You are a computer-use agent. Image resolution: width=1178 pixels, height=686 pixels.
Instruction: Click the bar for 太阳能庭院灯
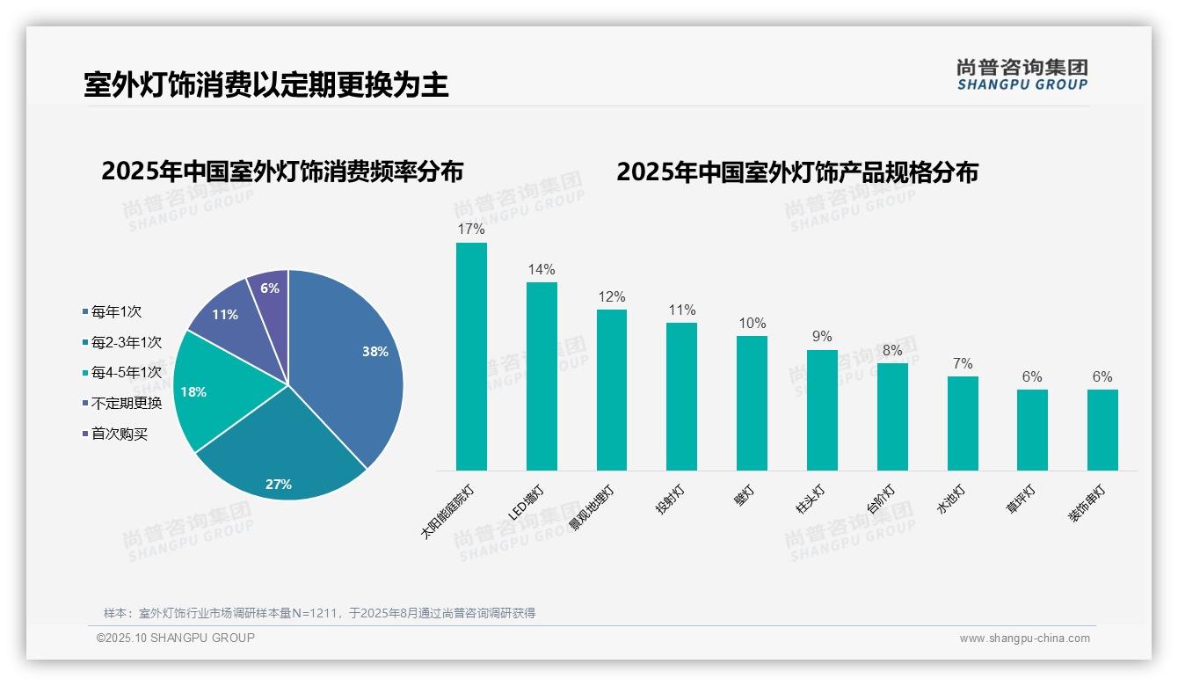(471, 356)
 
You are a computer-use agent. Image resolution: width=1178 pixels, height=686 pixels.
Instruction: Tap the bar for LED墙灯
(542, 376)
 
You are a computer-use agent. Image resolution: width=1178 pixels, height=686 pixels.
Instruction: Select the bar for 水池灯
(963, 423)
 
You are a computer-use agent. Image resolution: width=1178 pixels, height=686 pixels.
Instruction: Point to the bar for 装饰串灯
(1102, 430)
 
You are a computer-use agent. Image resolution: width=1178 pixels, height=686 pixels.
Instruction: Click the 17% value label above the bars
(471, 230)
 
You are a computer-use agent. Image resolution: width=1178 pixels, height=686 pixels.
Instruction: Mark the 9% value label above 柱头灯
(822, 337)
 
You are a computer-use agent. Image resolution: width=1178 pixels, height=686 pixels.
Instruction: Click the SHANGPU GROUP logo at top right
(1022, 75)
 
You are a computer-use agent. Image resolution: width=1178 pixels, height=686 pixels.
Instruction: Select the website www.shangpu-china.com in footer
(1024, 639)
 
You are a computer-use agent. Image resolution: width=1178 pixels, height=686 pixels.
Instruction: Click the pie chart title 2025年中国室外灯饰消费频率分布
(282, 171)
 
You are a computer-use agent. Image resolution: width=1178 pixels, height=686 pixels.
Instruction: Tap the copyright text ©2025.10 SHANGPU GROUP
(176, 638)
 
